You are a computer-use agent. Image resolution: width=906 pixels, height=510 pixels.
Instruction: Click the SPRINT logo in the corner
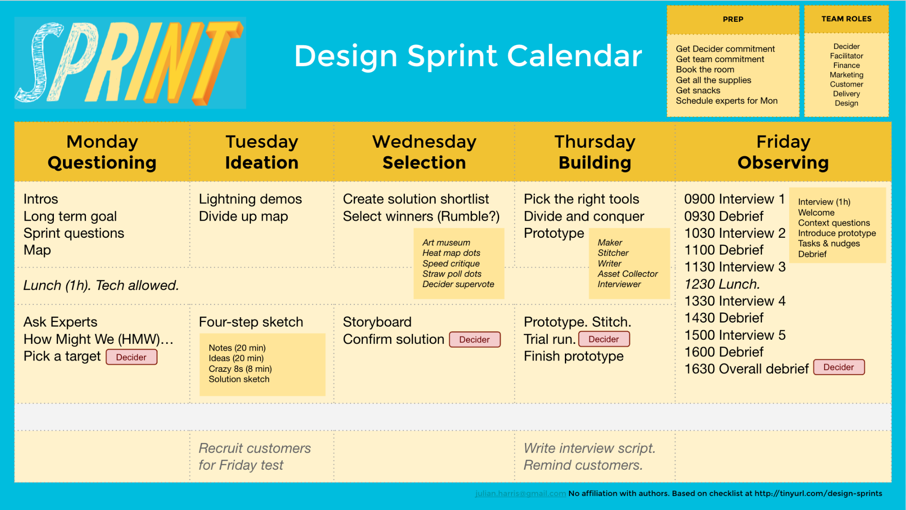point(130,63)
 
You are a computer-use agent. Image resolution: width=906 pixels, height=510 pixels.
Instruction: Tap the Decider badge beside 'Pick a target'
point(131,357)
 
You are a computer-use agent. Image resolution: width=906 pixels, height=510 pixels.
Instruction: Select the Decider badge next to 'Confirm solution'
point(474,340)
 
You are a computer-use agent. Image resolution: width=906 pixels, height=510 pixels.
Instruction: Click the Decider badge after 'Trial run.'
point(604,339)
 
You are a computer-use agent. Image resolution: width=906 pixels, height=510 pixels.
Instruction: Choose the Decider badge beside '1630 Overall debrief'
point(839,367)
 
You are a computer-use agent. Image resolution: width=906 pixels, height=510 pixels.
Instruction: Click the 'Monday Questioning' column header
point(102,152)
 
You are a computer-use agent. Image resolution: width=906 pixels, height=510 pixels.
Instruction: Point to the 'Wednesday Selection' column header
point(424,152)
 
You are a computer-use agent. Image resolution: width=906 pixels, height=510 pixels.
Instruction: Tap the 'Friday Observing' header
point(783,152)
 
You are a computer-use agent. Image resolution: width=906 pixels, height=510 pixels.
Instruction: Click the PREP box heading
point(733,19)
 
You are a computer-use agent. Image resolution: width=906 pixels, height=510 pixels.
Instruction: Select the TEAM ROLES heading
point(846,19)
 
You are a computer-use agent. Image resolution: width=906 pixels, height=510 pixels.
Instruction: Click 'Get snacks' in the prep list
point(698,91)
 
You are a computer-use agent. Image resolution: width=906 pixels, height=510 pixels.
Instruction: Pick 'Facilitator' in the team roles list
point(847,56)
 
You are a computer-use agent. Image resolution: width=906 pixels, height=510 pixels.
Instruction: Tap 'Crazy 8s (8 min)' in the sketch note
point(240,369)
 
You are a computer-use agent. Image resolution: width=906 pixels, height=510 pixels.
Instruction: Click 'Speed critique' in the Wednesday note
point(451,264)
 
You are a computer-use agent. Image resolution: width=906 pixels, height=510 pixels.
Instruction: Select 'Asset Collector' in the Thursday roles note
point(627,274)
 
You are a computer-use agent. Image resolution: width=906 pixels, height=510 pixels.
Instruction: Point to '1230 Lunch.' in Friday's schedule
point(722,284)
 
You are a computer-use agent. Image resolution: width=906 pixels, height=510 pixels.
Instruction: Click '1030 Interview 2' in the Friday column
point(735,233)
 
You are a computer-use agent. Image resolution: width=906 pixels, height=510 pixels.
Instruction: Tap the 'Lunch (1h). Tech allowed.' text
point(101,285)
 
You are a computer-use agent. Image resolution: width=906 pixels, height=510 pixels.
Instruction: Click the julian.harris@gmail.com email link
point(520,494)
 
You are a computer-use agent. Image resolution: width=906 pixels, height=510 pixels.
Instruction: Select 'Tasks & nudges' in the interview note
point(829,244)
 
